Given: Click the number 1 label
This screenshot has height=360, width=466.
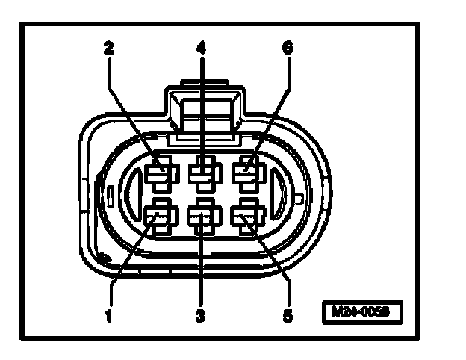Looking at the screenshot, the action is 109,315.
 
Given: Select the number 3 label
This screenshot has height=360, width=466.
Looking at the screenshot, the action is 199,315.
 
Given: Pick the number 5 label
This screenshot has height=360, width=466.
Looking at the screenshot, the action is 288,315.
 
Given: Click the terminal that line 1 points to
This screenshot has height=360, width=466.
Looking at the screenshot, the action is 158,220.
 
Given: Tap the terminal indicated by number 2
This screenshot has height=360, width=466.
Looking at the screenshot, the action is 159,173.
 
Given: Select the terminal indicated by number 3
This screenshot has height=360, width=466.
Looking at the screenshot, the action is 202,220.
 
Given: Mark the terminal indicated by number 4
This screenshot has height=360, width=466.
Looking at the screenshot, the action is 202,173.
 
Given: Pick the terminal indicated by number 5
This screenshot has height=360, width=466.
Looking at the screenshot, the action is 245,220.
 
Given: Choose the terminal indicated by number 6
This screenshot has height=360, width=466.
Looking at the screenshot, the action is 246,173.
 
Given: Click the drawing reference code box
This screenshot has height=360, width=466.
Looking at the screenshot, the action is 361,311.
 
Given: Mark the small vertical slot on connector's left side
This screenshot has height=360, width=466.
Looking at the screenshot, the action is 109,198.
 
